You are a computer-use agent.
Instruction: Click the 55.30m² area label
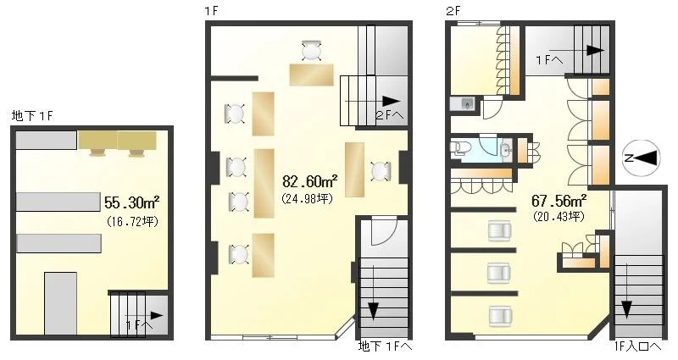click(132, 202)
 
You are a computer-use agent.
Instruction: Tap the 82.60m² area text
click(310, 181)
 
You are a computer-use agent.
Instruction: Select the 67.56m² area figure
click(559, 201)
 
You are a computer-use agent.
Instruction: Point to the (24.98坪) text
click(307, 199)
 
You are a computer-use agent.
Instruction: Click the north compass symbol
click(643, 158)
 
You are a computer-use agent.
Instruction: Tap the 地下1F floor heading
click(33, 116)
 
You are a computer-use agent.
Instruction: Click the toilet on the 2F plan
click(458, 147)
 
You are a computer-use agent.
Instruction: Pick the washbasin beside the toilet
click(505, 150)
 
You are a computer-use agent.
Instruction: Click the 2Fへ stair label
click(390, 115)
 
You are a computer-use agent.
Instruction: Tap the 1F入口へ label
click(637, 346)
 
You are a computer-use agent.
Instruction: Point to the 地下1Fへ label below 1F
click(385, 346)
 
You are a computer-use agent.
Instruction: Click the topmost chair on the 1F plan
click(311, 51)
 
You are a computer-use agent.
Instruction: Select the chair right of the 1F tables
click(381, 171)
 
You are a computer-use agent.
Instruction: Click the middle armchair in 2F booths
click(499, 273)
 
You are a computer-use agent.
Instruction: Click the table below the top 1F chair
click(312, 75)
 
